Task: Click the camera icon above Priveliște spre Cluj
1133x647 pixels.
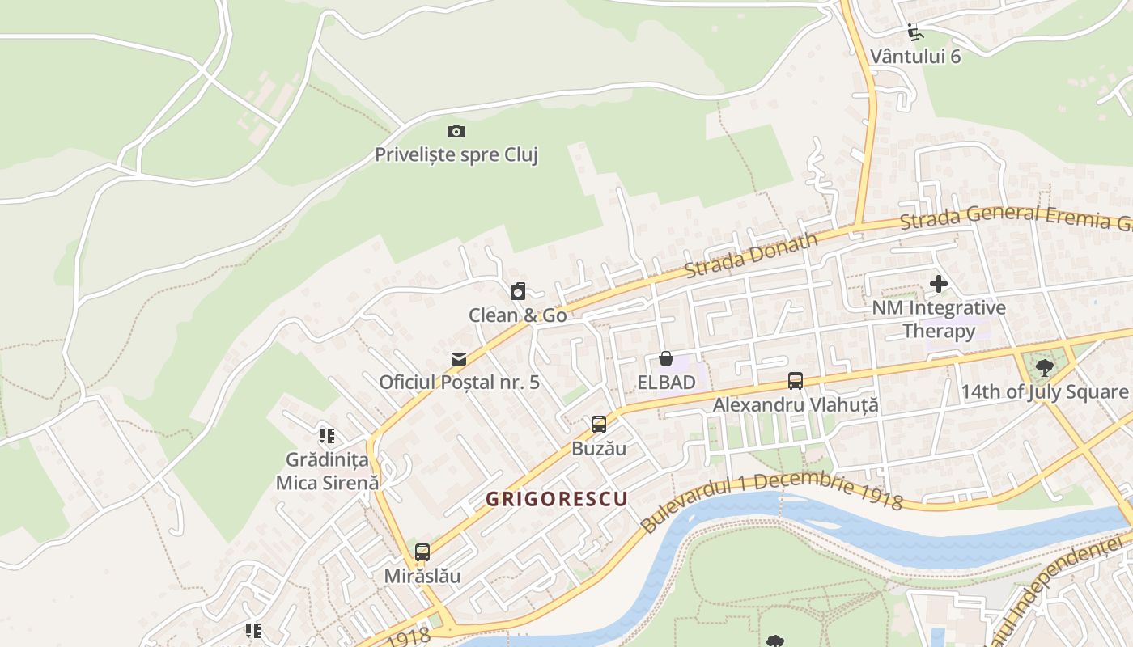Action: [456, 131]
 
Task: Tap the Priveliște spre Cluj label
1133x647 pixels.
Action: [456, 154]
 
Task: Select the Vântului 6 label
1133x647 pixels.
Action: [915, 56]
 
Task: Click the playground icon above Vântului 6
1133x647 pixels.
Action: [915, 32]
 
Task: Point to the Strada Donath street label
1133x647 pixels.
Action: [751, 254]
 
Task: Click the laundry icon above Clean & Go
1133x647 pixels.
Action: [518, 291]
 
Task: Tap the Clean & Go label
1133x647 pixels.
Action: [518, 315]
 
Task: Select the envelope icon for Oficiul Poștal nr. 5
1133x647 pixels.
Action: [459, 358]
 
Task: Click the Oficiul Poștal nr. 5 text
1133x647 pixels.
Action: [459, 382]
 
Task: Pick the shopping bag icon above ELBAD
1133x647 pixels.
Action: [666, 357]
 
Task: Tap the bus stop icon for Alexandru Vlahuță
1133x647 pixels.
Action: [796, 381]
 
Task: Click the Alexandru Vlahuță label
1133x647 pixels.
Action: [796, 404]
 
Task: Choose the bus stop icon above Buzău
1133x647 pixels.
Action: [599, 424]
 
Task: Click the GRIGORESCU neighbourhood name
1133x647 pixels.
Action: [557, 499]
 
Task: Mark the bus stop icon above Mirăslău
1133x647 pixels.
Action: [422, 552]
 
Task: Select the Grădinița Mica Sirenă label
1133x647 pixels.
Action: [327, 471]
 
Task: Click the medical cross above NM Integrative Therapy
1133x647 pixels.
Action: [939, 284]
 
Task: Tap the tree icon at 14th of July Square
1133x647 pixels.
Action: [1045, 368]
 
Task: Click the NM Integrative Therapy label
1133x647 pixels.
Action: [939, 319]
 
